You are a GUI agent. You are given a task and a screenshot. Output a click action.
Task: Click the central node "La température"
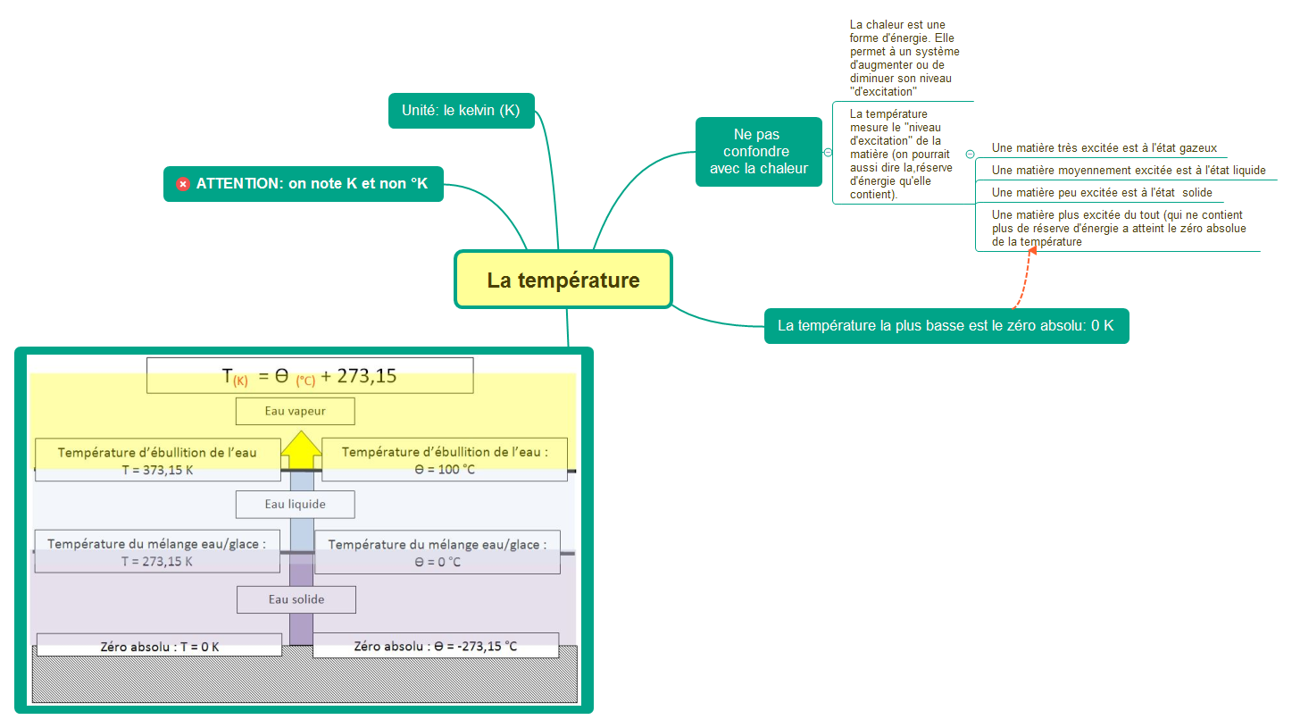coord(563,280)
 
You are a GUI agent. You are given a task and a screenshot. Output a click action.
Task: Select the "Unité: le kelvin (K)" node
coord(461,111)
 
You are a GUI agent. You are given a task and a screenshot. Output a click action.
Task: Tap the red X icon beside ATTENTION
coord(183,184)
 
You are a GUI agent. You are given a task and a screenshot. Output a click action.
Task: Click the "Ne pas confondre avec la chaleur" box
coord(758,152)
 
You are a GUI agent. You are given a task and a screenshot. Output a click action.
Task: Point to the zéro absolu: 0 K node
coord(946,325)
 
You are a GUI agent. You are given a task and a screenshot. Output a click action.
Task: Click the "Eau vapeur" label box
coord(296,411)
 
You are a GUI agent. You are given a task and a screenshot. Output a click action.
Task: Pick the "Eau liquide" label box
coord(296,504)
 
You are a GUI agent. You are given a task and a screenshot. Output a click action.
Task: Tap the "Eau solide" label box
coord(296,599)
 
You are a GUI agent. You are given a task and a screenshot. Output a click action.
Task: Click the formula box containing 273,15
coord(309,376)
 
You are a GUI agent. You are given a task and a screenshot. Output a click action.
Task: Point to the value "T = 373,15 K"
coord(157,470)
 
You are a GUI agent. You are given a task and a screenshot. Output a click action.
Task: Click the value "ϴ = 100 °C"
coord(444,470)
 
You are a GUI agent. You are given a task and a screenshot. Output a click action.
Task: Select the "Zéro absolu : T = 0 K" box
coord(159,646)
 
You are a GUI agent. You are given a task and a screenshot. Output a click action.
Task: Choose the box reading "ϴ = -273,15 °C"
coord(436,646)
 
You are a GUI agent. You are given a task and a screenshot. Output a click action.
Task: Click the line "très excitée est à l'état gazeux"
coord(1104,148)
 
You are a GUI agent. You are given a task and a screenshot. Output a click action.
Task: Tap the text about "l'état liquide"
coord(1128,171)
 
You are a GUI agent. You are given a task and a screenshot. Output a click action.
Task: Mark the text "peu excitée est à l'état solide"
coord(1102,193)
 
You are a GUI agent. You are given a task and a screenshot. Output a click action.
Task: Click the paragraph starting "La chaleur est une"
coord(904,58)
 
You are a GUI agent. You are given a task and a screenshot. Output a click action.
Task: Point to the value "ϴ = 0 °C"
coord(438,562)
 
